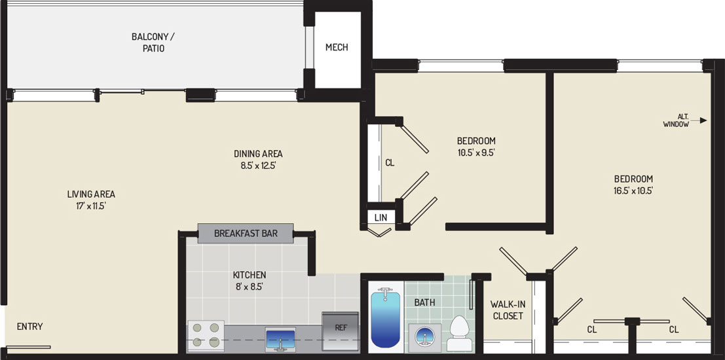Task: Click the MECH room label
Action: point(337,47)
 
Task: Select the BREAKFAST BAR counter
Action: point(246,234)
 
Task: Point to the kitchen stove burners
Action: point(206,335)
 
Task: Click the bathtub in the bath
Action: point(386,319)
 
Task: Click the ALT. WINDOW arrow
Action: point(699,120)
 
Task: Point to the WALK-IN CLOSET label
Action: point(508,310)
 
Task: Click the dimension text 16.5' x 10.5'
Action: point(633,190)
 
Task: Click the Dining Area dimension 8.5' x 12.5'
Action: point(258,165)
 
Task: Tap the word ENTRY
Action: point(30,327)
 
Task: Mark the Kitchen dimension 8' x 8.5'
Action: point(250,287)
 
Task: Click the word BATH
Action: point(424,302)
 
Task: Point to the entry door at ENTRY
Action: point(29,347)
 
